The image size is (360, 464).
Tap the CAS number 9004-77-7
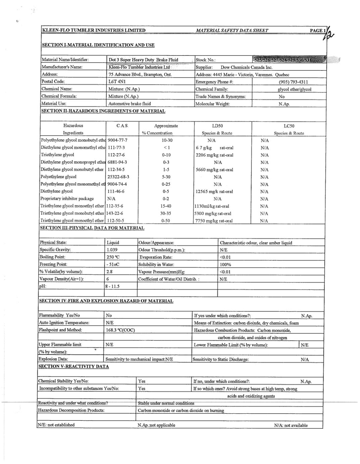tap(117, 140)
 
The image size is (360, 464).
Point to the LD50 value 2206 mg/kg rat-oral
tap(214, 155)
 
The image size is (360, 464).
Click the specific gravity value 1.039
tap(112, 250)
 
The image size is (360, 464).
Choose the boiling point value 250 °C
tap(113, 257)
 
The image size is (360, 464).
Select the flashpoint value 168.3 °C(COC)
tap(120, 330)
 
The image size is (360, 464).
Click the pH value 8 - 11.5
tap(113, 286)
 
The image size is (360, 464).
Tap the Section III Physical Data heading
tap(92, 228)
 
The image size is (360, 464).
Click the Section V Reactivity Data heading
tap(73, 366)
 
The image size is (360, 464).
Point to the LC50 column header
tap(289, 126)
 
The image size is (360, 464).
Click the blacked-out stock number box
tap(289, 60)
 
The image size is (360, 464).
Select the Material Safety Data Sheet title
tap(232, 31)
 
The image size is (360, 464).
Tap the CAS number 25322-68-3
tap(118, 177)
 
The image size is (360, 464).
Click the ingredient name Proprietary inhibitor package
tap(67, 199)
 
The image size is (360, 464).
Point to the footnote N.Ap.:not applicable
tap(156, 425)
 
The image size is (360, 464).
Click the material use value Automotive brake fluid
tap(130, 104)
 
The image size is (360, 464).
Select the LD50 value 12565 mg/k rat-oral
tap(214, 192)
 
